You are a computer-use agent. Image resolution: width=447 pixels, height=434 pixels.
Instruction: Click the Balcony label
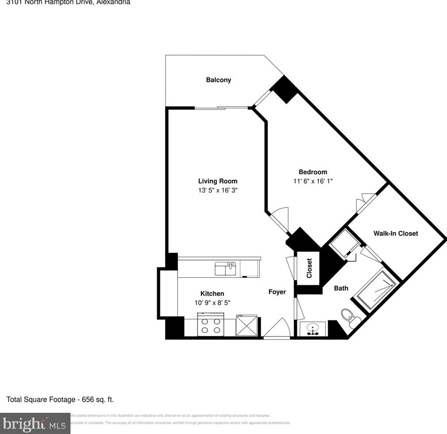[x=218, y=80]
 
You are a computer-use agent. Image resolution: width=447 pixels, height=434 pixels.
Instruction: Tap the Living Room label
[x=217, y=181]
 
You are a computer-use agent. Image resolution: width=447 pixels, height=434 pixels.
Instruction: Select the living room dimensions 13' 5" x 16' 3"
[x=218, y=190]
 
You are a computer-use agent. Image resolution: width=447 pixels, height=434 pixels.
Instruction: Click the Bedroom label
[x=313, y=172]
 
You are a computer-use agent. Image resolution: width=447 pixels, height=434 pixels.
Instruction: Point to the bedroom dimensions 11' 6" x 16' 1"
[x=313, y=181]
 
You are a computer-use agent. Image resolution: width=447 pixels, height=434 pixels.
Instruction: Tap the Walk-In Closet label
[x=395, y=233]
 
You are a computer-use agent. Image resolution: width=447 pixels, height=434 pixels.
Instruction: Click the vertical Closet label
[x=309, y=268]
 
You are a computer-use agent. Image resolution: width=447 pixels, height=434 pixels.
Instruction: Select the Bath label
[x=341, y=288]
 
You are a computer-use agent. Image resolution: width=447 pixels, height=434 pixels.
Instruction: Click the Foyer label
[x=277, y=292]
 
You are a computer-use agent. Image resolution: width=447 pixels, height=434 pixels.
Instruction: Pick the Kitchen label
[x=212, y=294]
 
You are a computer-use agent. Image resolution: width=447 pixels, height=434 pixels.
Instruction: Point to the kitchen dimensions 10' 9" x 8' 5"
[x=212, y=302]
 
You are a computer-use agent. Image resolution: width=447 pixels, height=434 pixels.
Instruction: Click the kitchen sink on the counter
[x=225, y=268]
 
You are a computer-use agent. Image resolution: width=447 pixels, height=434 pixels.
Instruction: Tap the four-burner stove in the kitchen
[x=211, y=325]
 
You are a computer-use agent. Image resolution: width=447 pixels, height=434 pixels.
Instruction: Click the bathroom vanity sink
[x=313, y=328]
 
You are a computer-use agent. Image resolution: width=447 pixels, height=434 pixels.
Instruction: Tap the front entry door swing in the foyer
[x=277, y=329]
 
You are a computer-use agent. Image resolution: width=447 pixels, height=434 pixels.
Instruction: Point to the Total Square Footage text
[x=60, y=400]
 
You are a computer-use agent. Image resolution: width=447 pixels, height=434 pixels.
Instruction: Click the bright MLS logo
[x=35, y=423]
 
